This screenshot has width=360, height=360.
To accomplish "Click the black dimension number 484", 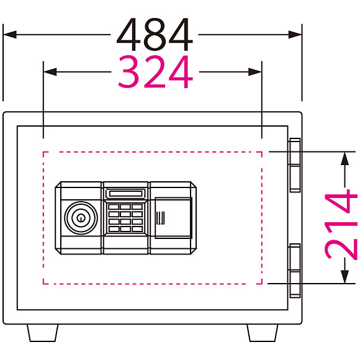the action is [x=155, y=34].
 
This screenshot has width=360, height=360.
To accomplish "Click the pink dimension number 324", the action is [x=155, y=71].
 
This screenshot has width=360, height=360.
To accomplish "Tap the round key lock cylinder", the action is [x=81, y=218].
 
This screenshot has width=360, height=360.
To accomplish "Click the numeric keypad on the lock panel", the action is [x=125, y=218].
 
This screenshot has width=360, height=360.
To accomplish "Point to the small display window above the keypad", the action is [x=125, y=193].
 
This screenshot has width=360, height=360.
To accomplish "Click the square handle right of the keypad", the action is [x=173, y=218].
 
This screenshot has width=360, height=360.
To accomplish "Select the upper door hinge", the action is [x=295, y=165].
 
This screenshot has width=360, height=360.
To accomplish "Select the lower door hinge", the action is [x=295, y=271].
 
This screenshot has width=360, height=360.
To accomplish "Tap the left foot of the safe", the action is [x=42, y=333].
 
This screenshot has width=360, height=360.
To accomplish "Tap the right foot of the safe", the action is [x=263, y=333].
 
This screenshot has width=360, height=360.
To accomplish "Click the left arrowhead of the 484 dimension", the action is [x=10, y=35].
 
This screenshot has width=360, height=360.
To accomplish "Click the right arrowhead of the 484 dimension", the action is [x=295, y=35].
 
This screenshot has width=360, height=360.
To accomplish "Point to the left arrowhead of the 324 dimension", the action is [x=50, y=72].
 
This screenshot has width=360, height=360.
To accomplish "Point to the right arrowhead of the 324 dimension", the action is [x=255, y=72].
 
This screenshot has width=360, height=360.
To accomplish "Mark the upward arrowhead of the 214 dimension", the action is [x=344, y=158].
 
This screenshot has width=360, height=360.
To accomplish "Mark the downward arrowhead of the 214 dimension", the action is [x=344, y=277].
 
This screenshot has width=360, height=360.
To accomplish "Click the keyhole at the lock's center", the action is [x=81, y=218].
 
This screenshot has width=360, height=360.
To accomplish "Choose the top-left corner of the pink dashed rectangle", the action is [x=43, y=152].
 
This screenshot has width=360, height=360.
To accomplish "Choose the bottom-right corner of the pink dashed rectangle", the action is [x=262, y=284].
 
